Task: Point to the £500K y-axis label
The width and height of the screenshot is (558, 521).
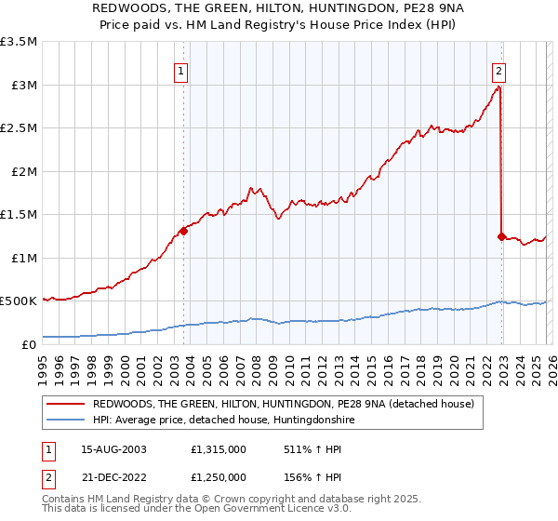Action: click(x=19, y=301)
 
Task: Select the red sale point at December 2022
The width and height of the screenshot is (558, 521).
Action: click(x=501, y=236)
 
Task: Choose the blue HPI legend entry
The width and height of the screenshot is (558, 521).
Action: click(x=223, y=421)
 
